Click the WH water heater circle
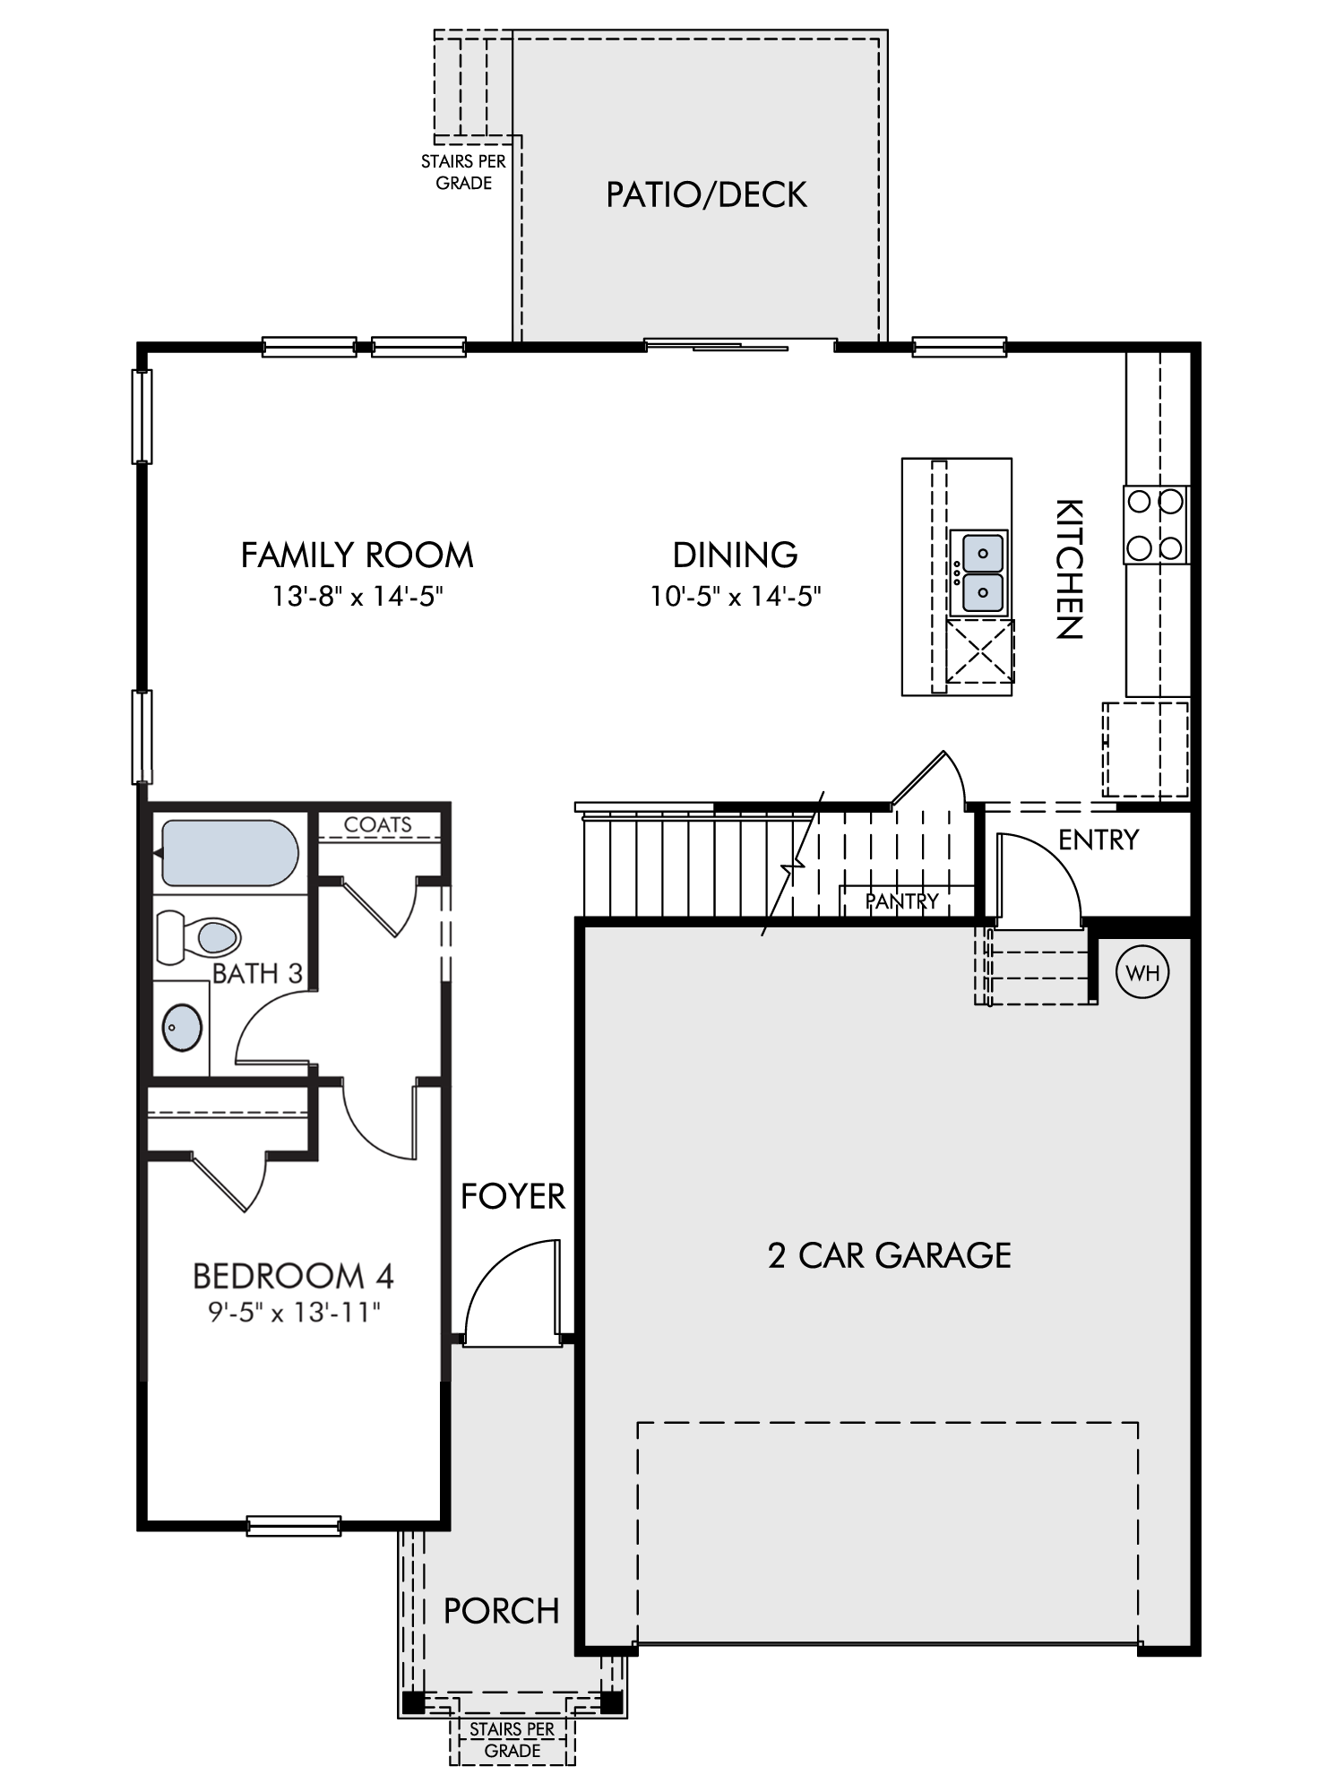[x=1142, y=972]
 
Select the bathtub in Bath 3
[x=228, y=853]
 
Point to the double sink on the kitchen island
[x=983, y=573]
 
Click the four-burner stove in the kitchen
[x=1156, y=524]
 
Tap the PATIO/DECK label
[x=707, y=194]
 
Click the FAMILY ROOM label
[x=358, y=556]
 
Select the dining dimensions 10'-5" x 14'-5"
[x=736, y=596]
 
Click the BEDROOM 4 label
[x=294, y=1275]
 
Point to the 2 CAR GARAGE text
[x=890, y=1255]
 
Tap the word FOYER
[x=513, y=1196]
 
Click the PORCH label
[x=502, y=1611]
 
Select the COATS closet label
[x=378, y=824]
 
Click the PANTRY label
[x=902, y=900]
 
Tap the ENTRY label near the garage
[x=1098, y=840]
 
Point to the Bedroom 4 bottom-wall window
[x=294, y=1525]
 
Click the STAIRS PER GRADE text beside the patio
[x=464, y=172]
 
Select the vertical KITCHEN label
[x=1069, y=569]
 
